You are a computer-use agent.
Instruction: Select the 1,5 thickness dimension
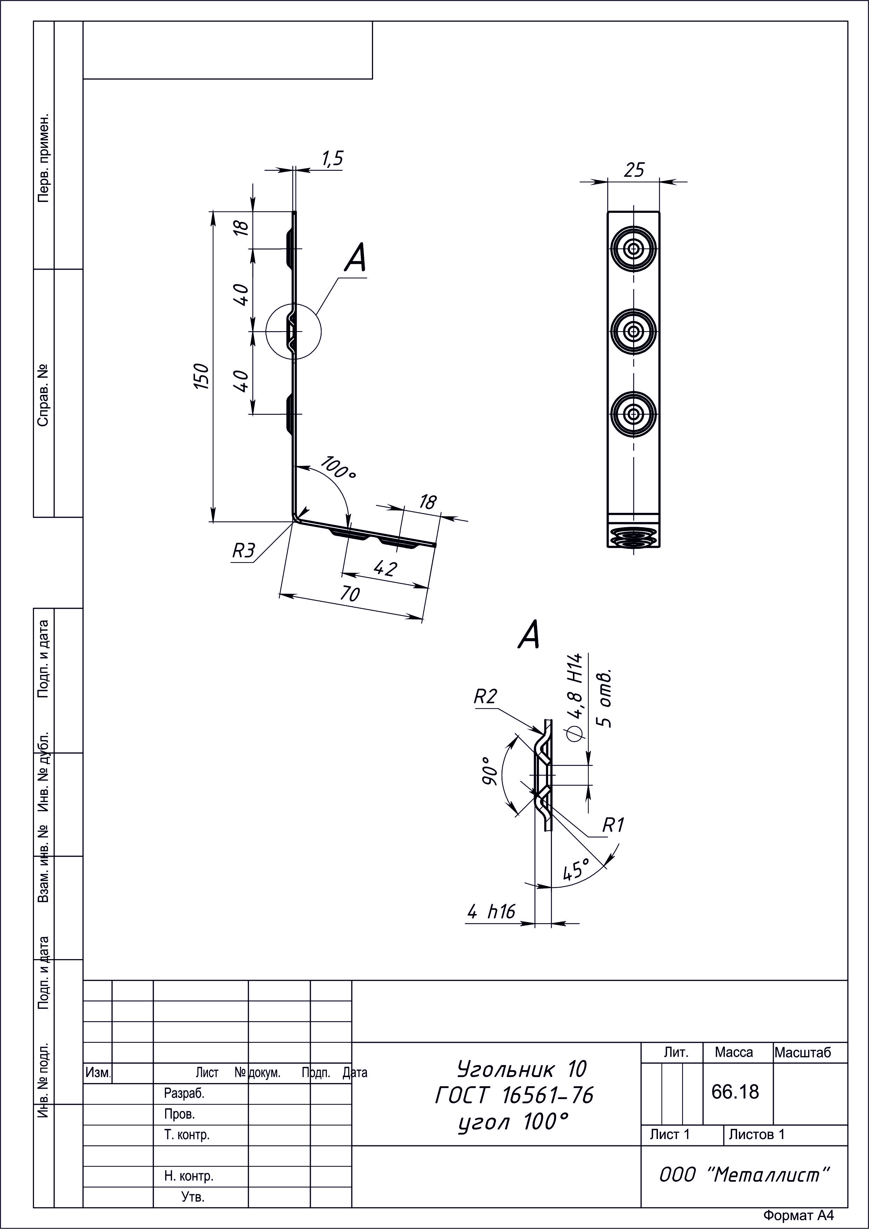(x=332, y=159)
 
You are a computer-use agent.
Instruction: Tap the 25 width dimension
(x=634, y=170)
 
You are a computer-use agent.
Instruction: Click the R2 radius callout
(x=485, y=696)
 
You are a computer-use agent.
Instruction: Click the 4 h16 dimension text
(x=491, y=911)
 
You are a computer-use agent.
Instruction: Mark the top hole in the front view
(x=633, y=249)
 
